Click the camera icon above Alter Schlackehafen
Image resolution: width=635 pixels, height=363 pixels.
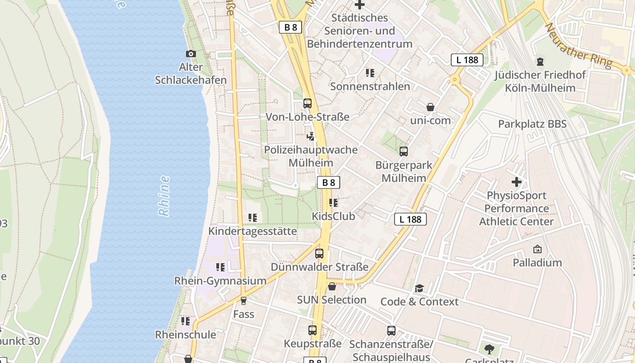[x=191, y=54]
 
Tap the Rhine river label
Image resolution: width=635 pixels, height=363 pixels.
[x=164, y=196]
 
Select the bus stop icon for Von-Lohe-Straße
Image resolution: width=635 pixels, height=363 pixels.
[x=308, y=103]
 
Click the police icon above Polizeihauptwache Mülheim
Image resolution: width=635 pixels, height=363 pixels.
[x=311, y=136]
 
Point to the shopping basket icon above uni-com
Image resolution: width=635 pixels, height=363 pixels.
[x=430, y=108]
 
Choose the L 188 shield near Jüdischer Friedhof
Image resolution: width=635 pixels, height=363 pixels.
[x=467, y=59]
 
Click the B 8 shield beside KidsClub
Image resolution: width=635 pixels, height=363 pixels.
[x=328, y=182]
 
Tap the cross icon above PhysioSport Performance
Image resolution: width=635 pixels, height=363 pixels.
[x=516, y=182]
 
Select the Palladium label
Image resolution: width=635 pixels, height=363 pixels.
[x=537, y=262]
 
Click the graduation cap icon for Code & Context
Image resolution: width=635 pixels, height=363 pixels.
[x=419, y=289]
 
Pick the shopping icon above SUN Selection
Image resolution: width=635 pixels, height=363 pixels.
[x=332, y=286]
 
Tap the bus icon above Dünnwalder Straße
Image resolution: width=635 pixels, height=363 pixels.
[x=319, y=254]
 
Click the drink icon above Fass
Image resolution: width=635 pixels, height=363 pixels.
[x=244, y=300]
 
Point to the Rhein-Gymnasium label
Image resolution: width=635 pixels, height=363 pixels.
[x=220, y=281]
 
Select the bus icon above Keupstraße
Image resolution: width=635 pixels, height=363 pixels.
[x=313, y=330]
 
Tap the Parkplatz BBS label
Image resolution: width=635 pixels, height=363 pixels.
[x=532, y=124]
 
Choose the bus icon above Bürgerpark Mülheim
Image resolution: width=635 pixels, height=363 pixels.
[x=403, y=152]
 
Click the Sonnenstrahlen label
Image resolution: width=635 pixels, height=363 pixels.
[x=370, y=86]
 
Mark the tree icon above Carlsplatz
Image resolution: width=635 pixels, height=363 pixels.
[x=489, y=349]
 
